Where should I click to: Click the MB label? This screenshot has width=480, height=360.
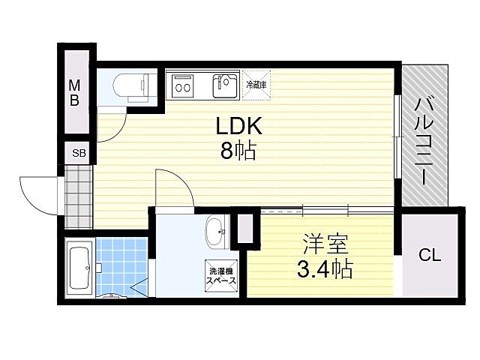click(x=75, y=92)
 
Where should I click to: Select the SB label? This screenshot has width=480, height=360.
click(x=79, y=153)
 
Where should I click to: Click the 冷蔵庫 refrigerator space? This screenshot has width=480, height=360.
click(x=255, y=83)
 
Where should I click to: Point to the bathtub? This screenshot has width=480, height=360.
click(x=78, y=267)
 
